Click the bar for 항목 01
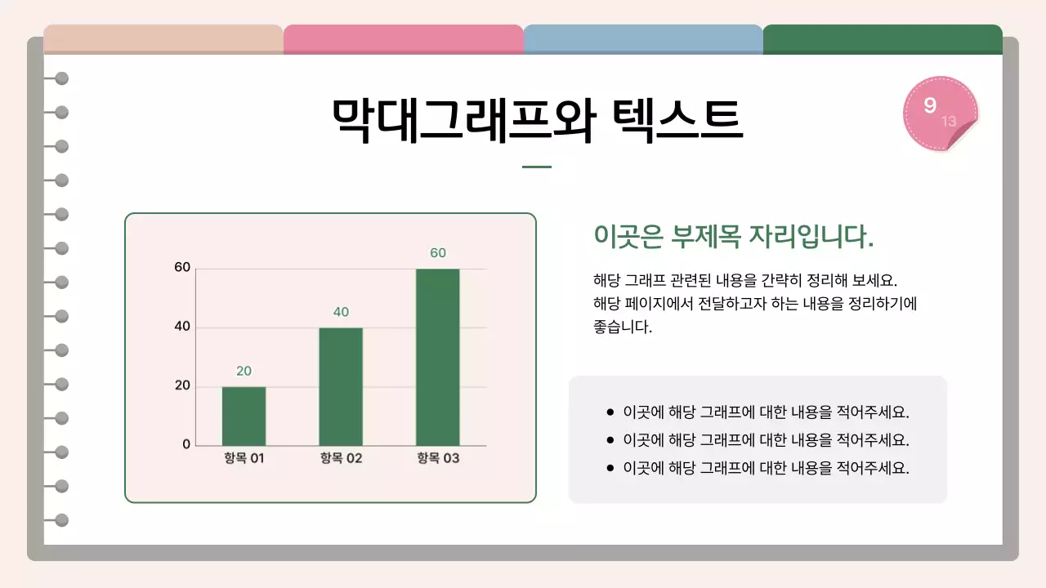tap(244, 416)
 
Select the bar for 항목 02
tap(341, 386)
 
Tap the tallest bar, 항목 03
tap(437, 357)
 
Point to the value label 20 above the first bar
tap(244, 371)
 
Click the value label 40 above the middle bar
tap(341, 312)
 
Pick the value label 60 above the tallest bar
tap(438, 253)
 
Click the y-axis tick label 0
tap(186, 444)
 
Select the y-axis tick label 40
tap(182, 327)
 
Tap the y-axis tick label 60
tap(182, 268)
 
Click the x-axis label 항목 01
tap(244, 458)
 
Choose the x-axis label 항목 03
tap(438, 458)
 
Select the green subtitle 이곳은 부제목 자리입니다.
tap(733, 237)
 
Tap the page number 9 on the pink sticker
tap(930, 105)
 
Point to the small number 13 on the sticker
tap(949, 122)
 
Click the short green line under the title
tap(536, 167)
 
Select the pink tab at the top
tap(403, 38)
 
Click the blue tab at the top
tap(642, 38)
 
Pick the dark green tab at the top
tap(883, 38)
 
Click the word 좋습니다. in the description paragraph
tap(623, 327)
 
